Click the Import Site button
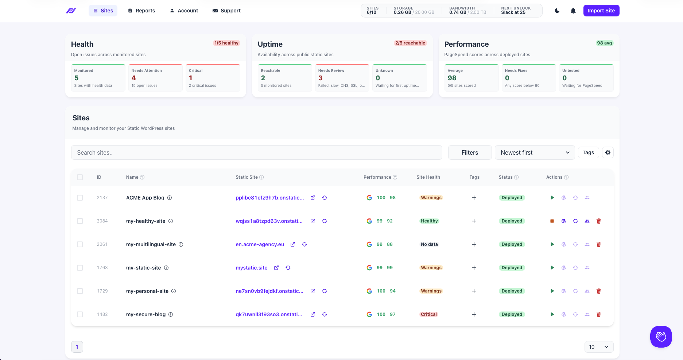(x=601, y=11)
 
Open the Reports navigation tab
(x=141, y=11)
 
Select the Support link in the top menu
(x=226, y=11)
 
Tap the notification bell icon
(x=573, y=11)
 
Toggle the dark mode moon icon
(x=557, y=11)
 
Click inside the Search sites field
(x=256, y=152)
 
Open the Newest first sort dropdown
(x=535, y=152)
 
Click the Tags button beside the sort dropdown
(x=588, y=152)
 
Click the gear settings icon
(x=608, y=152)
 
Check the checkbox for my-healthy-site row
(x=80, y=221)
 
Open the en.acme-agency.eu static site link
(x=260, y=244)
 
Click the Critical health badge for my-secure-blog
(x=429, y=314)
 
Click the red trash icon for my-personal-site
(x=598, y=291)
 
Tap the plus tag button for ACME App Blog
(x=474, y=198)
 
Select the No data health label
(x=429, y=244)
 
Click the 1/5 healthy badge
(x=226, y=43)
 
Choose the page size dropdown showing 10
(x=599, y=347)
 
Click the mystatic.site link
(x=251, y=268)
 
